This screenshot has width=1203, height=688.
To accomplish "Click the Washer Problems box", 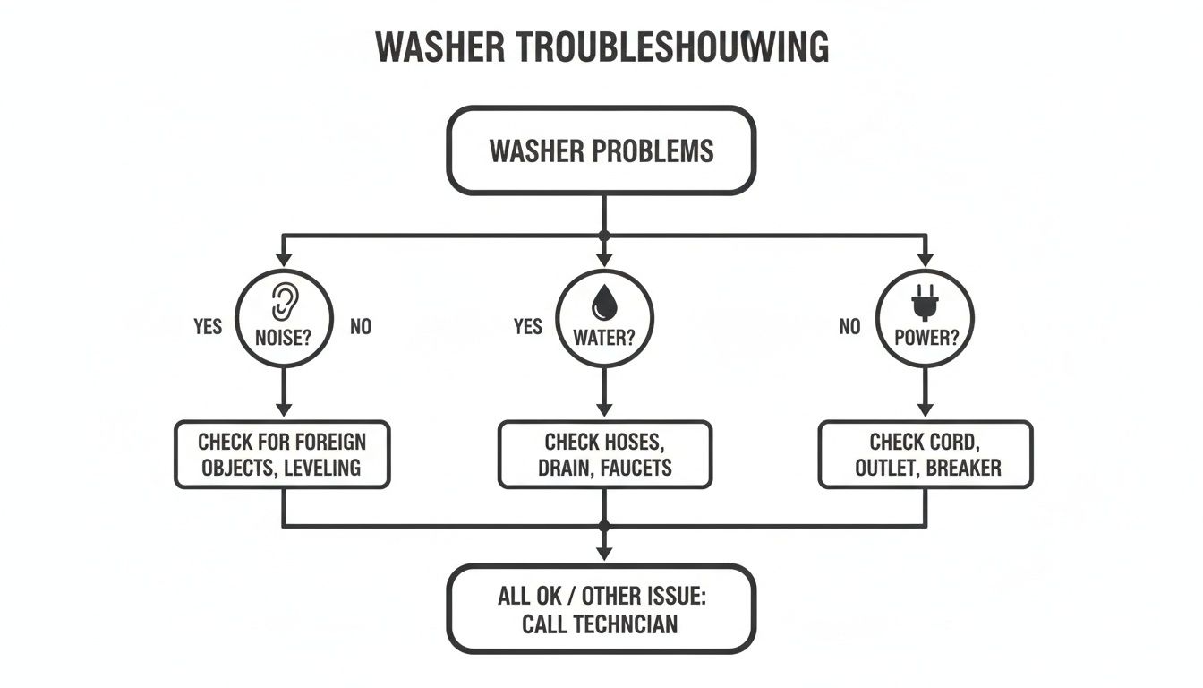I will coord(601,150).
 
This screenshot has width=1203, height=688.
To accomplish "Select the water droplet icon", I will coord(605,301).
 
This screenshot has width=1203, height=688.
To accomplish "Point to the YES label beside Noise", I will coord(208,326).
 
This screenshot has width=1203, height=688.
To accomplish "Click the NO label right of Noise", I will coord(361,326).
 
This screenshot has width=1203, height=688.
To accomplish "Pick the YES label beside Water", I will coord(528,326).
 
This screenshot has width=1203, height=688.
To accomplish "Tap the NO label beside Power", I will coord(849,326).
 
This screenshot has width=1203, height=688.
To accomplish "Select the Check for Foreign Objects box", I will coord(282,454).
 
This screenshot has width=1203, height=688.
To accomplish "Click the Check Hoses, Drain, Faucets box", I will coord(605,454).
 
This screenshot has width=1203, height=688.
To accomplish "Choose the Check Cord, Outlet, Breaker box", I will coord(926,454).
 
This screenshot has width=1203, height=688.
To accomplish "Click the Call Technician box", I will coord(601,610).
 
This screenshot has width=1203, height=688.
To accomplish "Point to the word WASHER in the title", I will coord(438,47).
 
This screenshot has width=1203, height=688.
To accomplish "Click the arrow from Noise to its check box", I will coord(284,392).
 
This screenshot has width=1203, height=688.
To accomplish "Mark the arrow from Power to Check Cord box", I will coord(926,392).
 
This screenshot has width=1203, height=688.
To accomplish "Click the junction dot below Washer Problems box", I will coord(604,235).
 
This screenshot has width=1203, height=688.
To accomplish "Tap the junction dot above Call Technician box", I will coord(604,526).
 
